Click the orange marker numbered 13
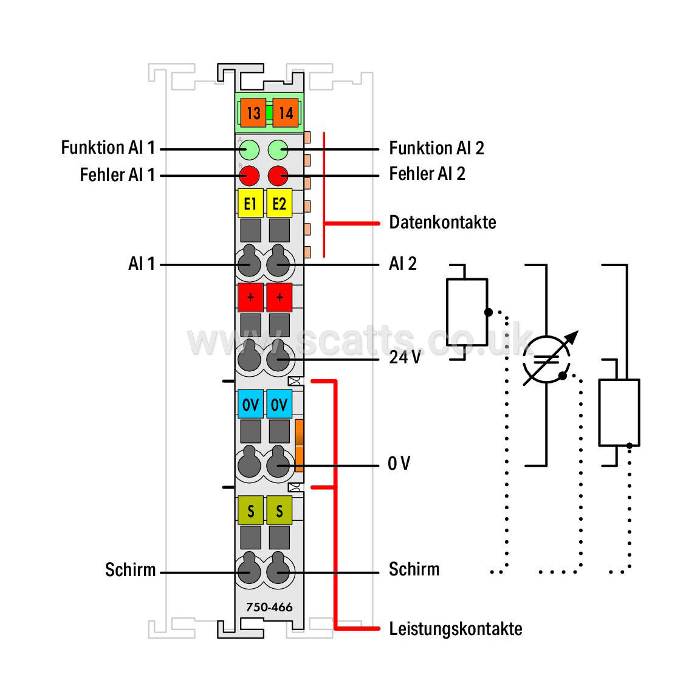[x=253, y=113]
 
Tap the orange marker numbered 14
[x=286, y=113]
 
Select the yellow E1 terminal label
[x=250, y=204]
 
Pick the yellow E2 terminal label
[x=280, y=204]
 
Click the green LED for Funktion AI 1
[x=249, y=149]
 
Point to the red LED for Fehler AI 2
[x=278, y=176]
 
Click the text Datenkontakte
[x=442, y=222]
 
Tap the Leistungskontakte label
[x=455, y=628]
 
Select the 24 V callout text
[x=405, y=357]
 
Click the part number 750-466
[x=269, y=607]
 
